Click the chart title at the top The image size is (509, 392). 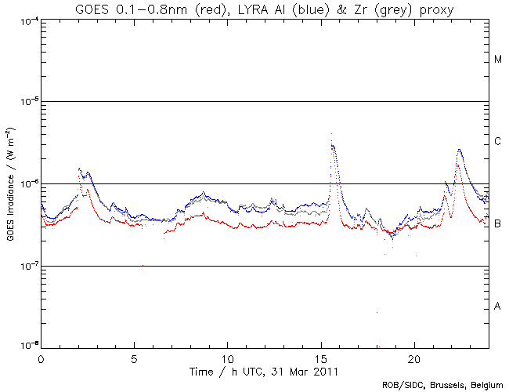(265, 9)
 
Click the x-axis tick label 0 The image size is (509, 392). (41, 357)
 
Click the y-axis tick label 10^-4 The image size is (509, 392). (28, 20)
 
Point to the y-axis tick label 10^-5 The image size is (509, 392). (28, 102)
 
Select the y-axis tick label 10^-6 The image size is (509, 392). (28, 184)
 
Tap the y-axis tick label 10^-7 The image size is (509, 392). (28, 267)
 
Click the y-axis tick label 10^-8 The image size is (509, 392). (28, 347)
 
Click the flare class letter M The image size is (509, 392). (498, 60)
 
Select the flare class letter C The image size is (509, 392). (498, 142)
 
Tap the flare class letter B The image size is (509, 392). (498, 224)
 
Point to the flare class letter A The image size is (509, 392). (498, 306)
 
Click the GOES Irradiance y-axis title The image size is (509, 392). (9, 183)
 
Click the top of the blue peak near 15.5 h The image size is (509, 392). (333, 145)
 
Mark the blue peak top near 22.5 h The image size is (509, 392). (459, 149)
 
